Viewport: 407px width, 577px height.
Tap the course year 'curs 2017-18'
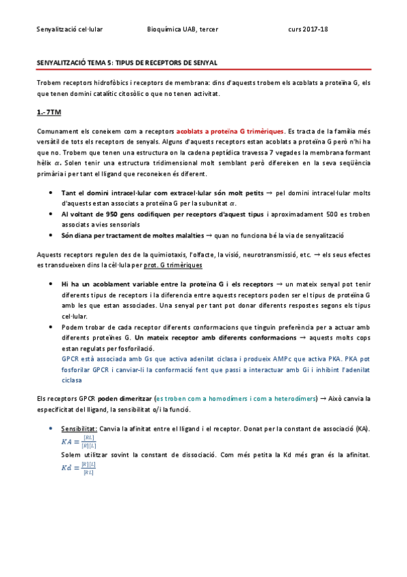click(308, 29)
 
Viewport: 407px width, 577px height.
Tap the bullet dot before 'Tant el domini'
click(52, 193)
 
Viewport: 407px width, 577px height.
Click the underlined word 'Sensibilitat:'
click(79, 429)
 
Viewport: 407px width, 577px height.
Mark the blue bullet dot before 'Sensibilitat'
click(52, 429)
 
